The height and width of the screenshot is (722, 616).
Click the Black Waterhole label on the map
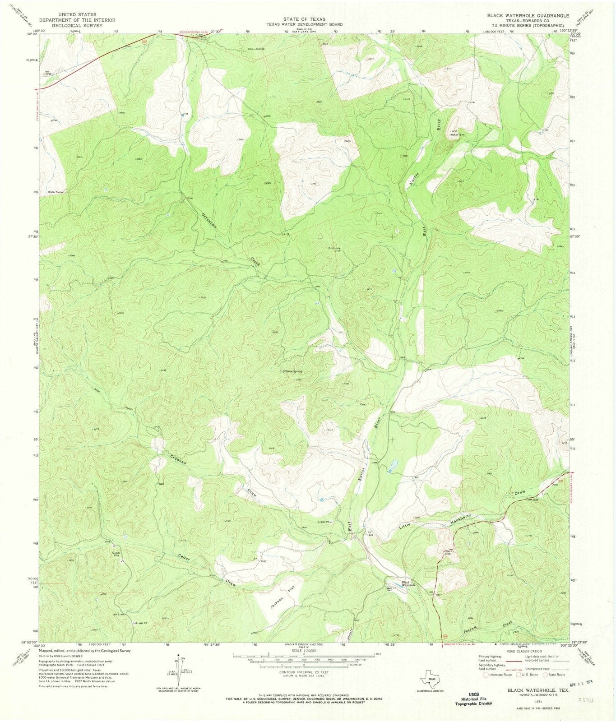point(406,583)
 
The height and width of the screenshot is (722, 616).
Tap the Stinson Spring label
point(292,371)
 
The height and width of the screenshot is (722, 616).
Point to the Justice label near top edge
point(259,48)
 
